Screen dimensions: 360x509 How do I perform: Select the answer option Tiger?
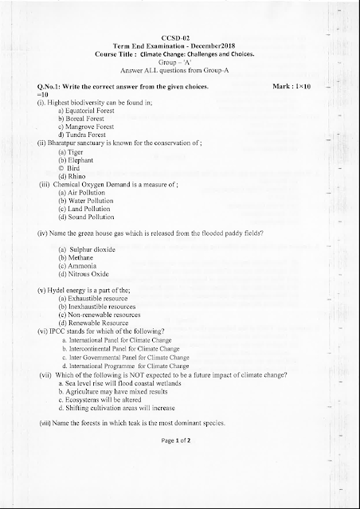point(72,151)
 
